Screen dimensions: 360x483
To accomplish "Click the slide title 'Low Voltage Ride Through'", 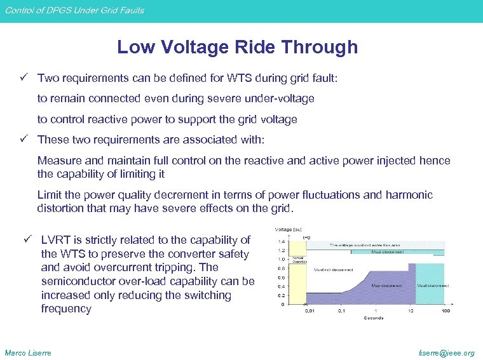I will (237, 47).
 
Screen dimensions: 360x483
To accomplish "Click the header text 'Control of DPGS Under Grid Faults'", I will (74, 10).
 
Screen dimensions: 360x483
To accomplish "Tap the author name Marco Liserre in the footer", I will (28, 352).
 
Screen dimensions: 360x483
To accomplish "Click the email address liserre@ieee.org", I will (448, 352).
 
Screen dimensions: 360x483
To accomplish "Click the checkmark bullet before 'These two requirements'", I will (24, 139).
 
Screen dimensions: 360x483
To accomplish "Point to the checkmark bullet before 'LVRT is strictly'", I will (27, 240).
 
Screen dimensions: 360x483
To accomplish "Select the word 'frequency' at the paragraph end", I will (66, 309).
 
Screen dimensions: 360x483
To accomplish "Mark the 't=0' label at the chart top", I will (306, 237).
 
